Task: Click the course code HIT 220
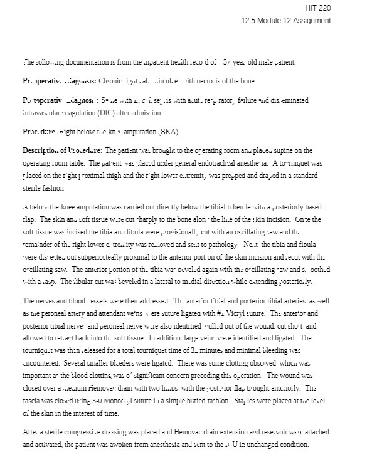[x=317, y=8]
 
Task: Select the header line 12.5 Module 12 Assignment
[x=285, y=21]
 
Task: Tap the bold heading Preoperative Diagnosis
[x=60, y=82]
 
